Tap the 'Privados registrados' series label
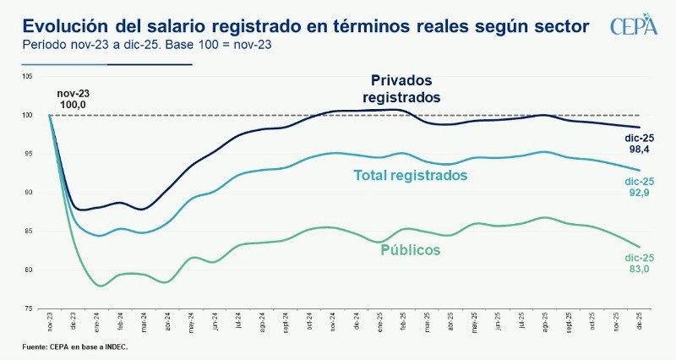point(401,89)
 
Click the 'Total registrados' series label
point(410,176)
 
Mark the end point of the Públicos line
point(640,247)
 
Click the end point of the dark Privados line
point(640,128)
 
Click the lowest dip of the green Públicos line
point(101,286)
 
